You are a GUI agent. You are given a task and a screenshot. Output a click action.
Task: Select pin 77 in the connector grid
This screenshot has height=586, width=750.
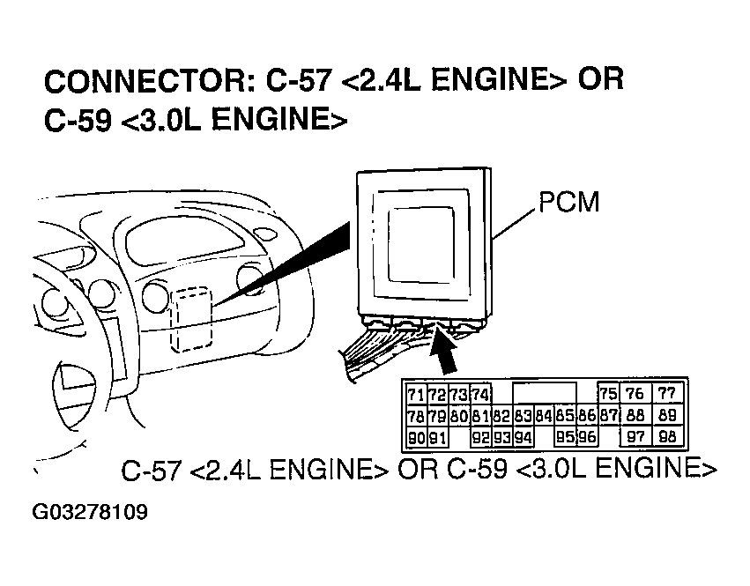(x=666, y=394)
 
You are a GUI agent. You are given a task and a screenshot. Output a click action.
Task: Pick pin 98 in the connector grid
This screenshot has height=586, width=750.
(x=666, y=437)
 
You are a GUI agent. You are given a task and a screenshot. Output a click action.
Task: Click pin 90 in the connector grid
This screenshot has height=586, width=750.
(x=416, y=437)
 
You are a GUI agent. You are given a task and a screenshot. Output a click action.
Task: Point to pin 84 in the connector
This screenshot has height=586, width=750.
(x=544, y=416)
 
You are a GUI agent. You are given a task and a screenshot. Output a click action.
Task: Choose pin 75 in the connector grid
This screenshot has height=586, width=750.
(x=608, y=394)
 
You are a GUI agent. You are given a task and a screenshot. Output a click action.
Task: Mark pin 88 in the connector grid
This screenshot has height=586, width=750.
(x=635, y=416)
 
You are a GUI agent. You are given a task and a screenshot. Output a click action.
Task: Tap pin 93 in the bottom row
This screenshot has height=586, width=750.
(x=502, y=437)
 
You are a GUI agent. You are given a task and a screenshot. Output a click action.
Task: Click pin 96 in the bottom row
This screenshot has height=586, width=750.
(x=587, y=437)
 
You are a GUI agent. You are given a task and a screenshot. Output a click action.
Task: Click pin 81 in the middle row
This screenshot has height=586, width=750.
(x=480, y=416)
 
